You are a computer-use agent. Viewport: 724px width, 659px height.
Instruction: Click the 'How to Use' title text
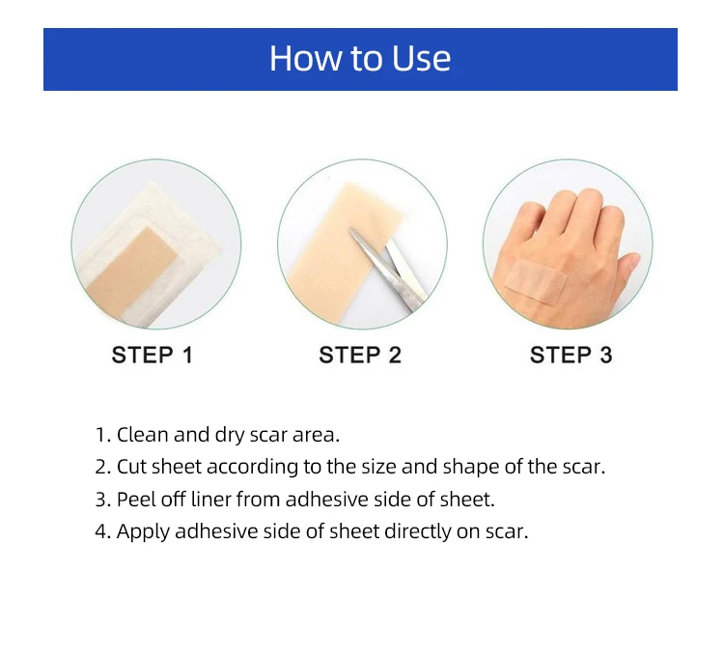tap(360, 59)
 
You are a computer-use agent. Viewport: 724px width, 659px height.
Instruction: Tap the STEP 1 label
tap(153, 356)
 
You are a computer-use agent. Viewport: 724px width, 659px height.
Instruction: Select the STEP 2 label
tap(360, 356)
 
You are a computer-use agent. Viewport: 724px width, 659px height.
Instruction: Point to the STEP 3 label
tap(571, 356)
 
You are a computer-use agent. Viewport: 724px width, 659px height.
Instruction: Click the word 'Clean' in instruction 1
tap(143, 434)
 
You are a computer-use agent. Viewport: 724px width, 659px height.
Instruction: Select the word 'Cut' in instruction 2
tap(131, 467)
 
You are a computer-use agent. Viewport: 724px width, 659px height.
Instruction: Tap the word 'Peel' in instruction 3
tap(136, 500)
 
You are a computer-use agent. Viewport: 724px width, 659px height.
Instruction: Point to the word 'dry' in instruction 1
tap(237, 434)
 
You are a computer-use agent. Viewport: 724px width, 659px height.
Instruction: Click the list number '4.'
tap(102, 532)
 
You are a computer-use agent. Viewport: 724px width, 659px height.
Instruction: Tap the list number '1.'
tap(102, 434)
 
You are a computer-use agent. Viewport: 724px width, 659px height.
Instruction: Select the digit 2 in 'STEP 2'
tap(394, 356)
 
